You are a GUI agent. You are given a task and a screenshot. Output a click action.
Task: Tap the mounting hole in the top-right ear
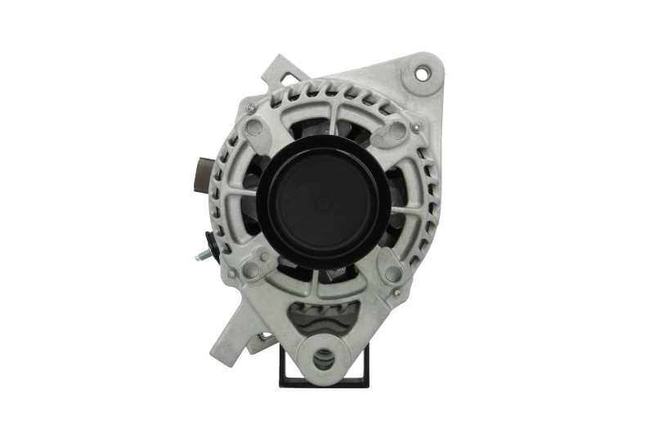pyautogui.click(x=422, y=74)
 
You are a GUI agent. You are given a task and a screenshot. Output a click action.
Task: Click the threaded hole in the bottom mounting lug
pyautogui.click(x=324, y=357)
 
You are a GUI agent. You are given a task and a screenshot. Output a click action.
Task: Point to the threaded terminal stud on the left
pyautogui.click(x=202, y=255)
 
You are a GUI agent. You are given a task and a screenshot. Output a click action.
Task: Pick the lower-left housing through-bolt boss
pyautogui.click(x=252, y=269)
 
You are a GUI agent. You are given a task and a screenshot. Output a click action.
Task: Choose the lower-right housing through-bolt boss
pyautogui.click(x=393, y=274)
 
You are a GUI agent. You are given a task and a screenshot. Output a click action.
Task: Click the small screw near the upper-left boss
pyautogui.click(x=250, y=108)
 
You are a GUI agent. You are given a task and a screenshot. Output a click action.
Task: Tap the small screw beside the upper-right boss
pyautogui.click(x=417, y=128)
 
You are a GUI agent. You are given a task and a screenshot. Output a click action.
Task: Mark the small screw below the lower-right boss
pyautogui.click(x=397, y=292)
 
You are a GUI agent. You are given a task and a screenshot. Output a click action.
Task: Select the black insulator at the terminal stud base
pyautogui.click(x=213, y=244)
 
